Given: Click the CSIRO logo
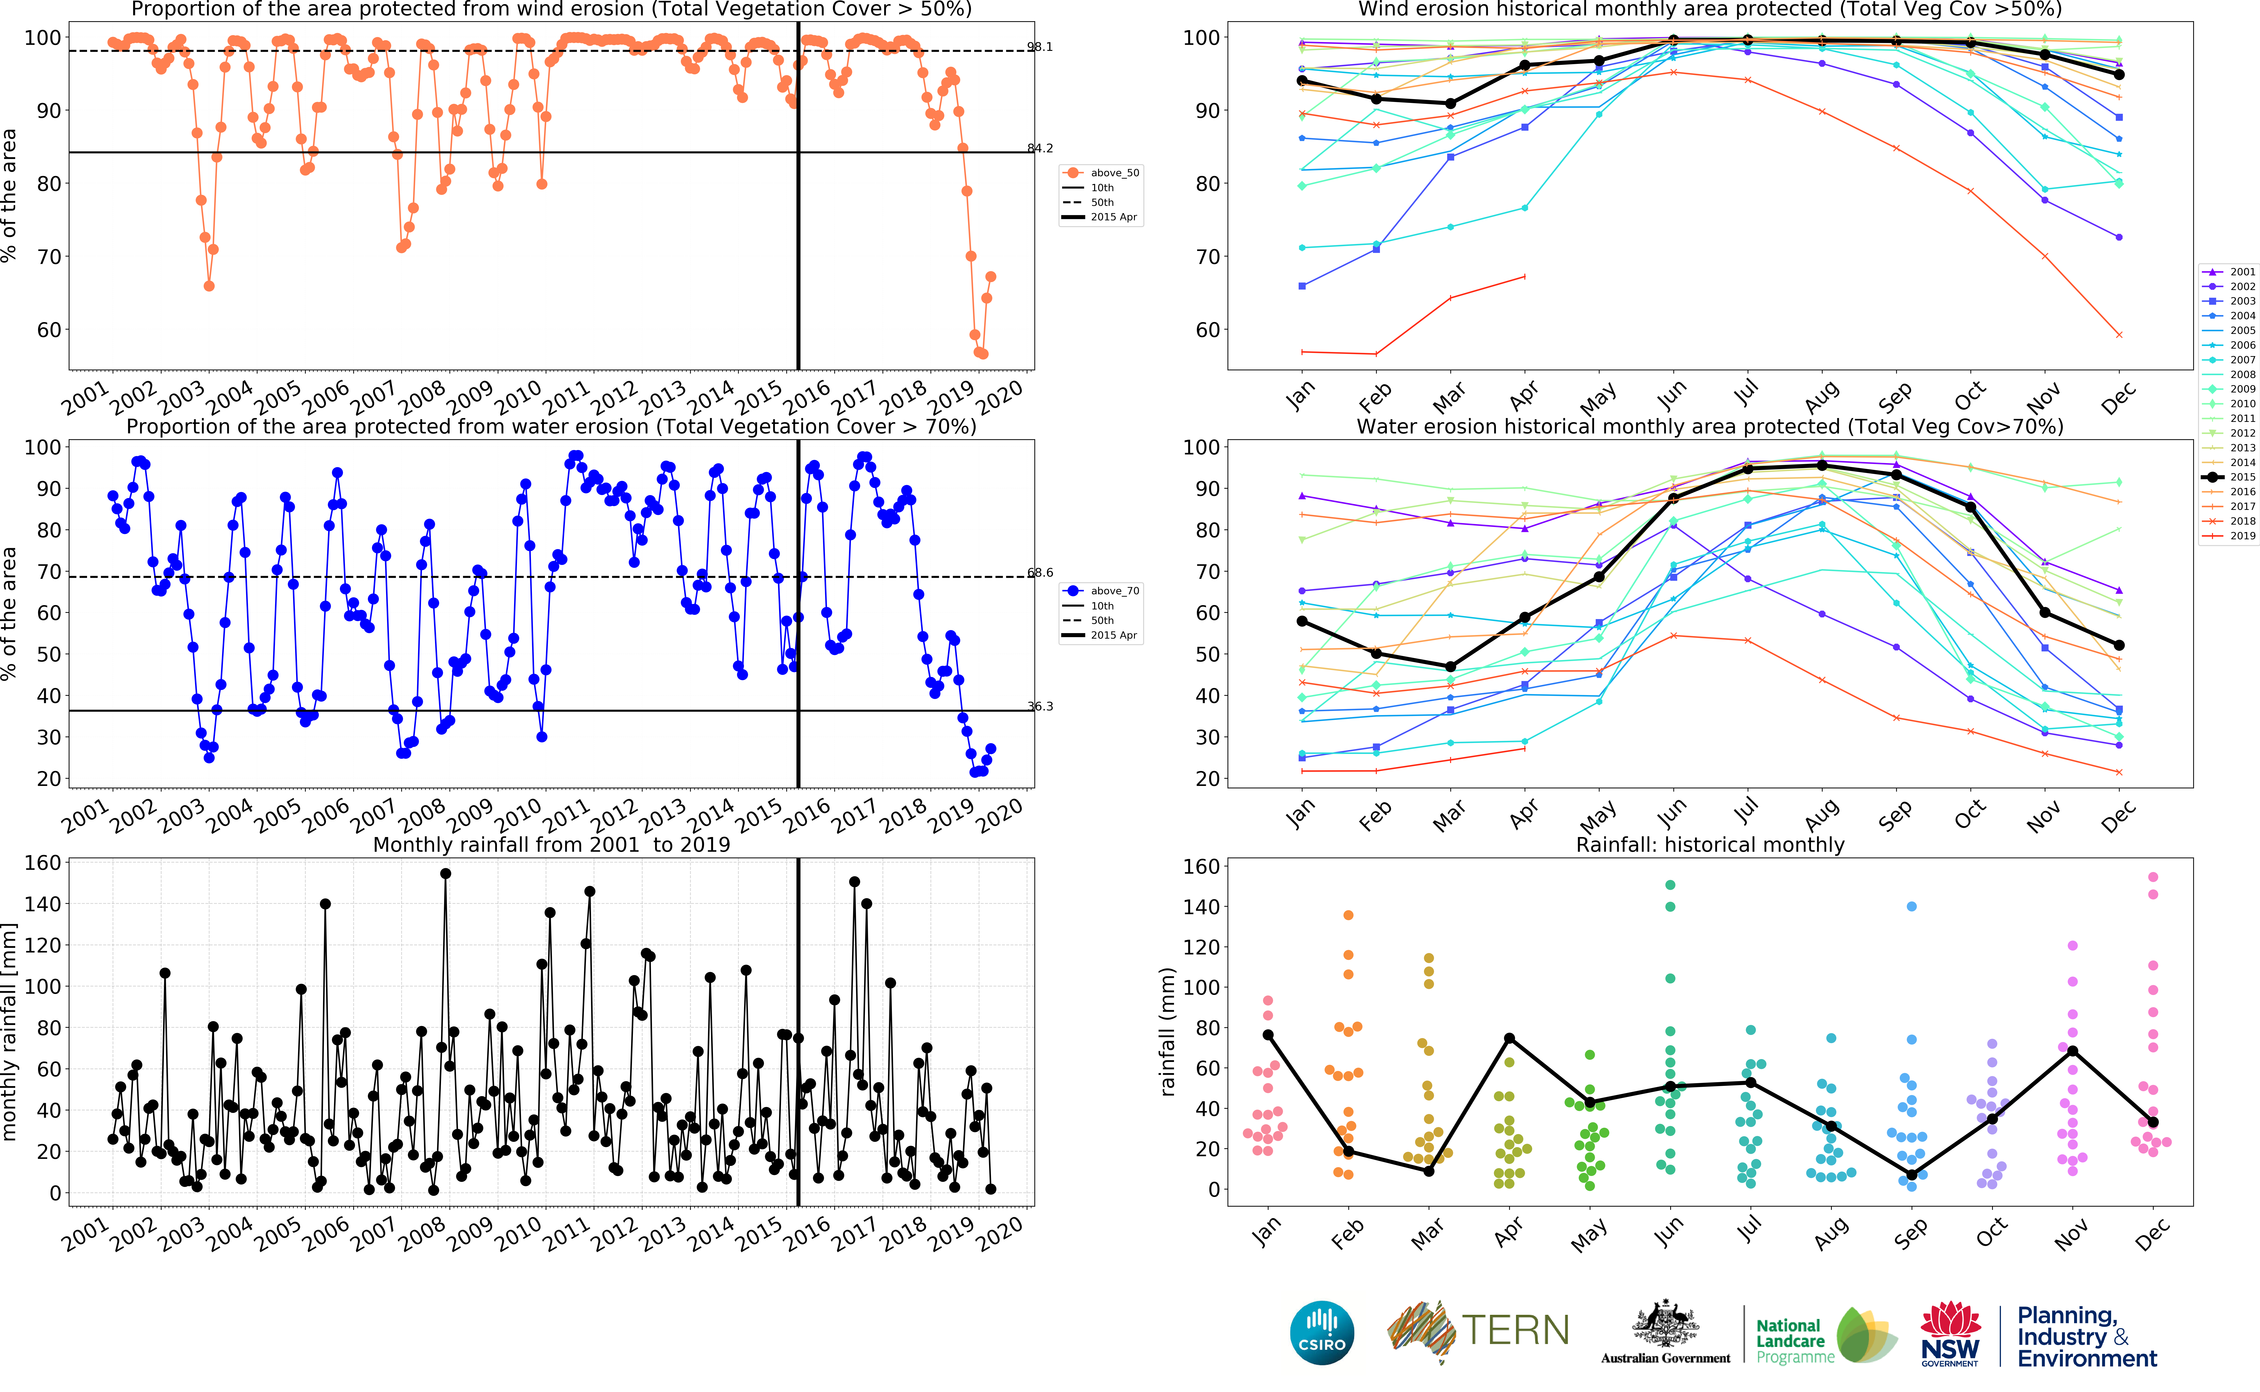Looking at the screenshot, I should pyautogui.click(x=1322, y=1332).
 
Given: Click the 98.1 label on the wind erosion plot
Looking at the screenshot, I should pyautogui.click(x=1040, y=47).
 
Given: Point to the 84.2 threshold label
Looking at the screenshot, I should pyautogui.click(x=1040, y=148).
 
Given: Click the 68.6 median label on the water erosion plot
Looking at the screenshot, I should pyautogui.click(x=1040, y=573).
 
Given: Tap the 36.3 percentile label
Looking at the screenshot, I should pyautogui.click(x=1040, y=707).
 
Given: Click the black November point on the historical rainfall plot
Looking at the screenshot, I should pyautogui.click(x=2072, y=1050).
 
